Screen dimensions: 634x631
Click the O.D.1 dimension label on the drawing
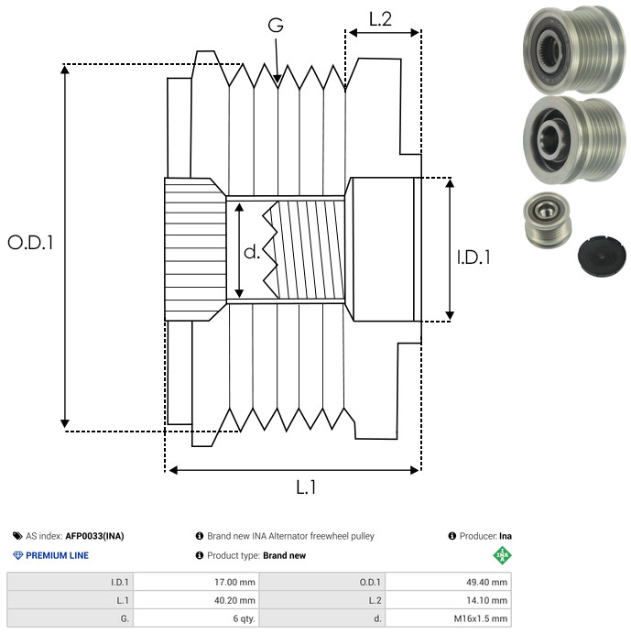[31, 243]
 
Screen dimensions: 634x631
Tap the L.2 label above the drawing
[381, 19]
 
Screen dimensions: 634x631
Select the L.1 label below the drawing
[306, 487]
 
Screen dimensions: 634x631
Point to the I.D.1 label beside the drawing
[473, 257]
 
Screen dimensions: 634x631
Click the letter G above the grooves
[276, 26]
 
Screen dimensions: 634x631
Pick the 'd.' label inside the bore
[252, 252]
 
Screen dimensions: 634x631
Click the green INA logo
[502, 555]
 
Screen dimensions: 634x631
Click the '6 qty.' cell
[243, 618]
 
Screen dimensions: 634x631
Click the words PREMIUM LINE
[58, 555]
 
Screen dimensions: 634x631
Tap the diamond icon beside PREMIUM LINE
[17, 555]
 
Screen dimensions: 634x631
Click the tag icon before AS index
[17, 536]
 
